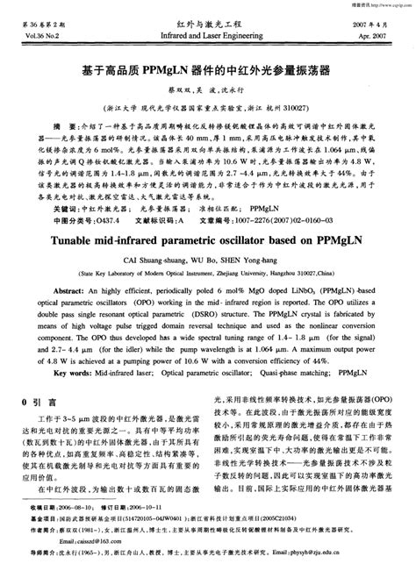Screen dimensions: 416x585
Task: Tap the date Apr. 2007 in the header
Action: (377, 38)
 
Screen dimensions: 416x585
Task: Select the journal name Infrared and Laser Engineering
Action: (208, 38)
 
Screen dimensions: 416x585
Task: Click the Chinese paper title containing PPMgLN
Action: (208, 67)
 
